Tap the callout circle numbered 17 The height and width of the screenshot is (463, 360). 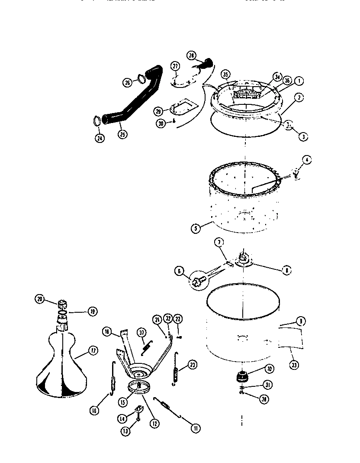(92, 351)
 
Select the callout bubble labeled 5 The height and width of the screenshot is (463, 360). (196, 228)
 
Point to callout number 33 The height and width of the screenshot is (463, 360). (294, 365)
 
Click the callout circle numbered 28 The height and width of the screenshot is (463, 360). (192, 55)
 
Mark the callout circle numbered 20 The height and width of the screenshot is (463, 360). (40, 298)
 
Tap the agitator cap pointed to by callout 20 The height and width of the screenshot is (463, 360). (61, 302)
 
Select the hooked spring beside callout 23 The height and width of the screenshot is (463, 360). (175, 368)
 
